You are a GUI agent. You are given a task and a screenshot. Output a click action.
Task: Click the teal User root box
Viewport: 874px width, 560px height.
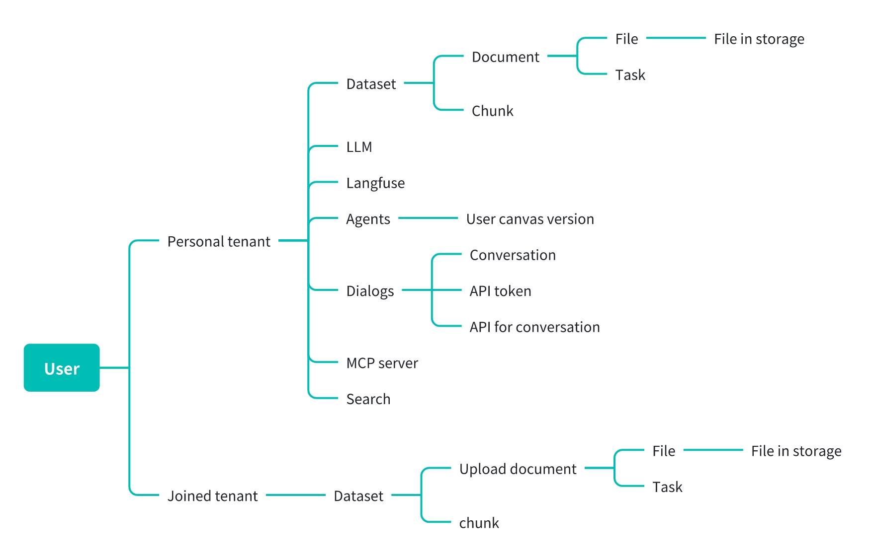pos(62,368)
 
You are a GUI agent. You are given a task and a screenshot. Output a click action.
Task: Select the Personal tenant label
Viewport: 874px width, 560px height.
pos(219,241)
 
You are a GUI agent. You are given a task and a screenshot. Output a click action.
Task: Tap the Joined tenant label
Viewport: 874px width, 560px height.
pos(212,495)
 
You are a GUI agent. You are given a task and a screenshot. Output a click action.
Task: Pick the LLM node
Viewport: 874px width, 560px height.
pos(359,147)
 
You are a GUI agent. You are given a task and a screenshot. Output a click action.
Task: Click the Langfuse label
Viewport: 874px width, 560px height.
pos(375,183)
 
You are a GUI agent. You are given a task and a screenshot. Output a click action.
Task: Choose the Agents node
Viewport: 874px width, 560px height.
pos(368,219)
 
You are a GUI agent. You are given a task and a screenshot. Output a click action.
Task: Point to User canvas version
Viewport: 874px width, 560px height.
pos(530,219)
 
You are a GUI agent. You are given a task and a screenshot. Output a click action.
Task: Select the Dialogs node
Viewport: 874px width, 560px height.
pos(370,291)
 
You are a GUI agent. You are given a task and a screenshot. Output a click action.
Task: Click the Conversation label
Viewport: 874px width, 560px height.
pos(513,255)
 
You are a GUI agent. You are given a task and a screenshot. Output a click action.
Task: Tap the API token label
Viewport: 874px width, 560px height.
pos(500,291)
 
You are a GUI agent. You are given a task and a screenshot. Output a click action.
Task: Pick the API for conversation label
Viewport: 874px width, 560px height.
pos(534,327)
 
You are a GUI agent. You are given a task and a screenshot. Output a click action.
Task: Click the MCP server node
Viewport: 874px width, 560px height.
pos(382,363)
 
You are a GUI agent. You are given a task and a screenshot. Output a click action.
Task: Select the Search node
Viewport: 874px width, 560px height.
pos(368,399)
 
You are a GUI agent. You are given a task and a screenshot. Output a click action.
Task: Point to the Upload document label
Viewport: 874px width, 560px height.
pos(518,469)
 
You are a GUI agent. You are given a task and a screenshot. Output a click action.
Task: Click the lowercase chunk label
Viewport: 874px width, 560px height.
pos(479,523)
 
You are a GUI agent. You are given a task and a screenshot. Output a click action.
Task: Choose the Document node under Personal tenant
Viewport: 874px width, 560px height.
pos(505,57)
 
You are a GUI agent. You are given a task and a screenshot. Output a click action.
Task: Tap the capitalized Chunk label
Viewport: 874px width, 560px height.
pos(492,111)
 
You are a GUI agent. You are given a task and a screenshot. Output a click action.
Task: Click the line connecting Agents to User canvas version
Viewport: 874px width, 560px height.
pos(428,218)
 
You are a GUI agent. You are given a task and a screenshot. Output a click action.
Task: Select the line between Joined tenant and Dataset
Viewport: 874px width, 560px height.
pos(296,495)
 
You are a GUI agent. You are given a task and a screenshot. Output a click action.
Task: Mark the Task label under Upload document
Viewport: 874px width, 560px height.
pos(667,487)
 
